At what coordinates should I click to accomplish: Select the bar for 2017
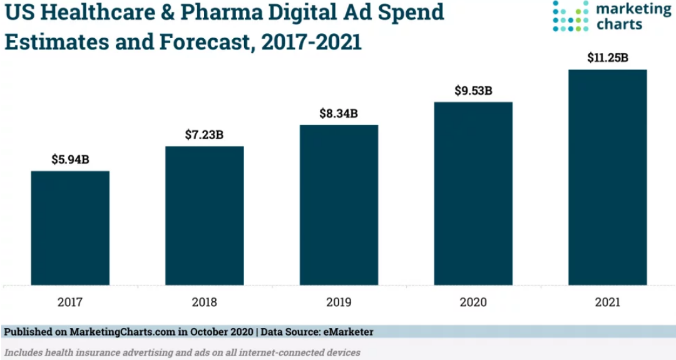coord(70,228)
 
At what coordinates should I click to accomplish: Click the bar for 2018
coord(205,215)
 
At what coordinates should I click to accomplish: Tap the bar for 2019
coord(339,205)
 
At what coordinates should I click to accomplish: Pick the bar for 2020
coord(473,193)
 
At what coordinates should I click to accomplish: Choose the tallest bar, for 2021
coord(607,177)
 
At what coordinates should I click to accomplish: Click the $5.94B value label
coord(70,160)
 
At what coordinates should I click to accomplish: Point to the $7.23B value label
coord(204,135)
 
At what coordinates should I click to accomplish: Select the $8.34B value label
coord(339,113)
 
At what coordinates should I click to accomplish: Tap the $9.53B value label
coord(473,91)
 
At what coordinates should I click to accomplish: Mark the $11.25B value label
coord(607,58)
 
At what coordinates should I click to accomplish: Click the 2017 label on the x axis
coord(70,302)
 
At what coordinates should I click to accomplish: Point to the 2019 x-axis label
coord(339,302)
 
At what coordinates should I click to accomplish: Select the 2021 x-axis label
coord(607,302)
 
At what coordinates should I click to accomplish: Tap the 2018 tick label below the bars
coord(205,302)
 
